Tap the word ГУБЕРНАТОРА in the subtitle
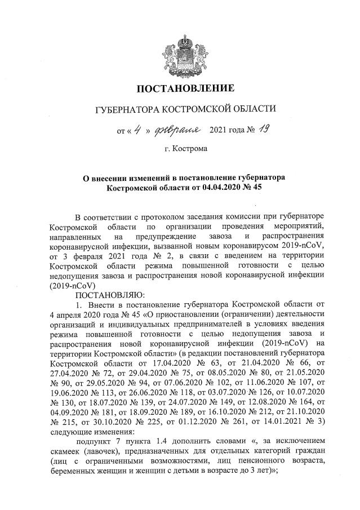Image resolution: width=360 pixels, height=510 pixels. (x=127, y=108)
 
